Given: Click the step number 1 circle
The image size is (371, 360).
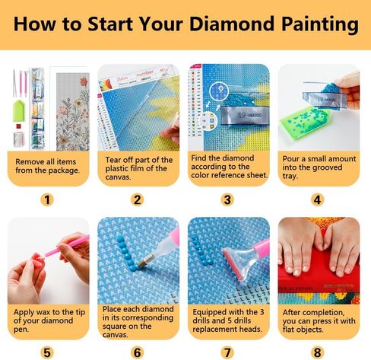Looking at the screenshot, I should point(48,200).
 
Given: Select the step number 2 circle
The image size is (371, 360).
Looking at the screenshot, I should point(138,200).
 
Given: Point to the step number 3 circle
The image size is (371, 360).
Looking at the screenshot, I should point(228,200).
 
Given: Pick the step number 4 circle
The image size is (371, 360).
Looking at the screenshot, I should point(318,200).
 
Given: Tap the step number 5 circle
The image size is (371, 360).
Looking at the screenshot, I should point(48,352).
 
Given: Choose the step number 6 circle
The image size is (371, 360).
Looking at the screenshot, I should point(138,352).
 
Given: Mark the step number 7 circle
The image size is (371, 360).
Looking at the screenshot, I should point(228,352).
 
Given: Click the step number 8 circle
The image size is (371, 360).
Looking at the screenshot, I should point(318,352).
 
